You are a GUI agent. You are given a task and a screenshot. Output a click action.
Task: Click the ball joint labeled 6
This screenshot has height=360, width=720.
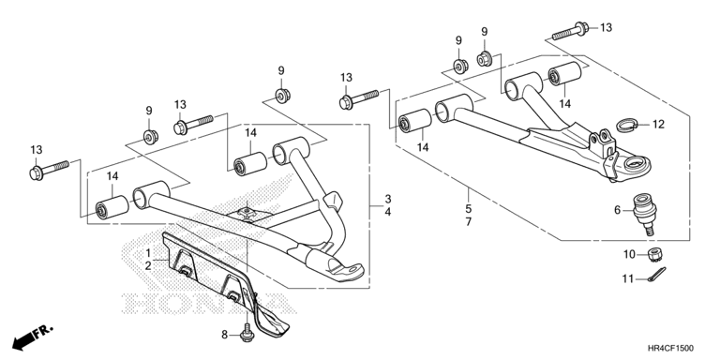click(x=645, y=213)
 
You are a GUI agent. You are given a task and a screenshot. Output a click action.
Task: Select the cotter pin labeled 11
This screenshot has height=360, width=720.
click(x=656, y=276)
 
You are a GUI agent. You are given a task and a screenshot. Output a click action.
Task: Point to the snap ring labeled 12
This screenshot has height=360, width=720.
click(x=627, y=125)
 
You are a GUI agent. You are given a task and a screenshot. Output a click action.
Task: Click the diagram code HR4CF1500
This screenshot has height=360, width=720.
click(x=671, y=349)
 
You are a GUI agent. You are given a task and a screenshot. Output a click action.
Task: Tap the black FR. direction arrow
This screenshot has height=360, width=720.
click(x=32, y=337)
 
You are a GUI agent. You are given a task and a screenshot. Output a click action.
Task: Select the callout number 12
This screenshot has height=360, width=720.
click(x=658, y=125)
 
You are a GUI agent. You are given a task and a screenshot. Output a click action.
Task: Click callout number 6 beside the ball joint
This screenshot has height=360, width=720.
click(x=617, y=210)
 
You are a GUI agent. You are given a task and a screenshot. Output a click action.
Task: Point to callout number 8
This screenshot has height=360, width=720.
click(x=225, y=335)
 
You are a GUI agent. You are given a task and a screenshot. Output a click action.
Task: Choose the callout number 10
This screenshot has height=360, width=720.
click(x=629, y=254)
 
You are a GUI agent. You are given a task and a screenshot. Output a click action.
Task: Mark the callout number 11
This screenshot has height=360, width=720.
click(x=628, y=278)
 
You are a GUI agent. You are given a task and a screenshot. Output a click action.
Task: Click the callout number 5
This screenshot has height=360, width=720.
click(x=469, y=209)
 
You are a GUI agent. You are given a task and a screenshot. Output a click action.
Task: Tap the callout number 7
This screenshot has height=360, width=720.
click(x=469, y=222)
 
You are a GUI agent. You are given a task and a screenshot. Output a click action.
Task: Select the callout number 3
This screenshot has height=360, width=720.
click(x=388, y=200)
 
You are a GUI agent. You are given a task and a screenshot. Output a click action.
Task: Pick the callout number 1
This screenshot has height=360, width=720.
click(x=148, y=252)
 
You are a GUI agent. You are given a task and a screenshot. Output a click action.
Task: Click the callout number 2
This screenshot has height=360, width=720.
click(x=148, y=265)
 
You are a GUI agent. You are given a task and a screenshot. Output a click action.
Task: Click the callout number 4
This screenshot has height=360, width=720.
click(x=388, y=212)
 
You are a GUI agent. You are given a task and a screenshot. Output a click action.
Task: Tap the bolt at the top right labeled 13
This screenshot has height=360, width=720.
click(x=571, y=31)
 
